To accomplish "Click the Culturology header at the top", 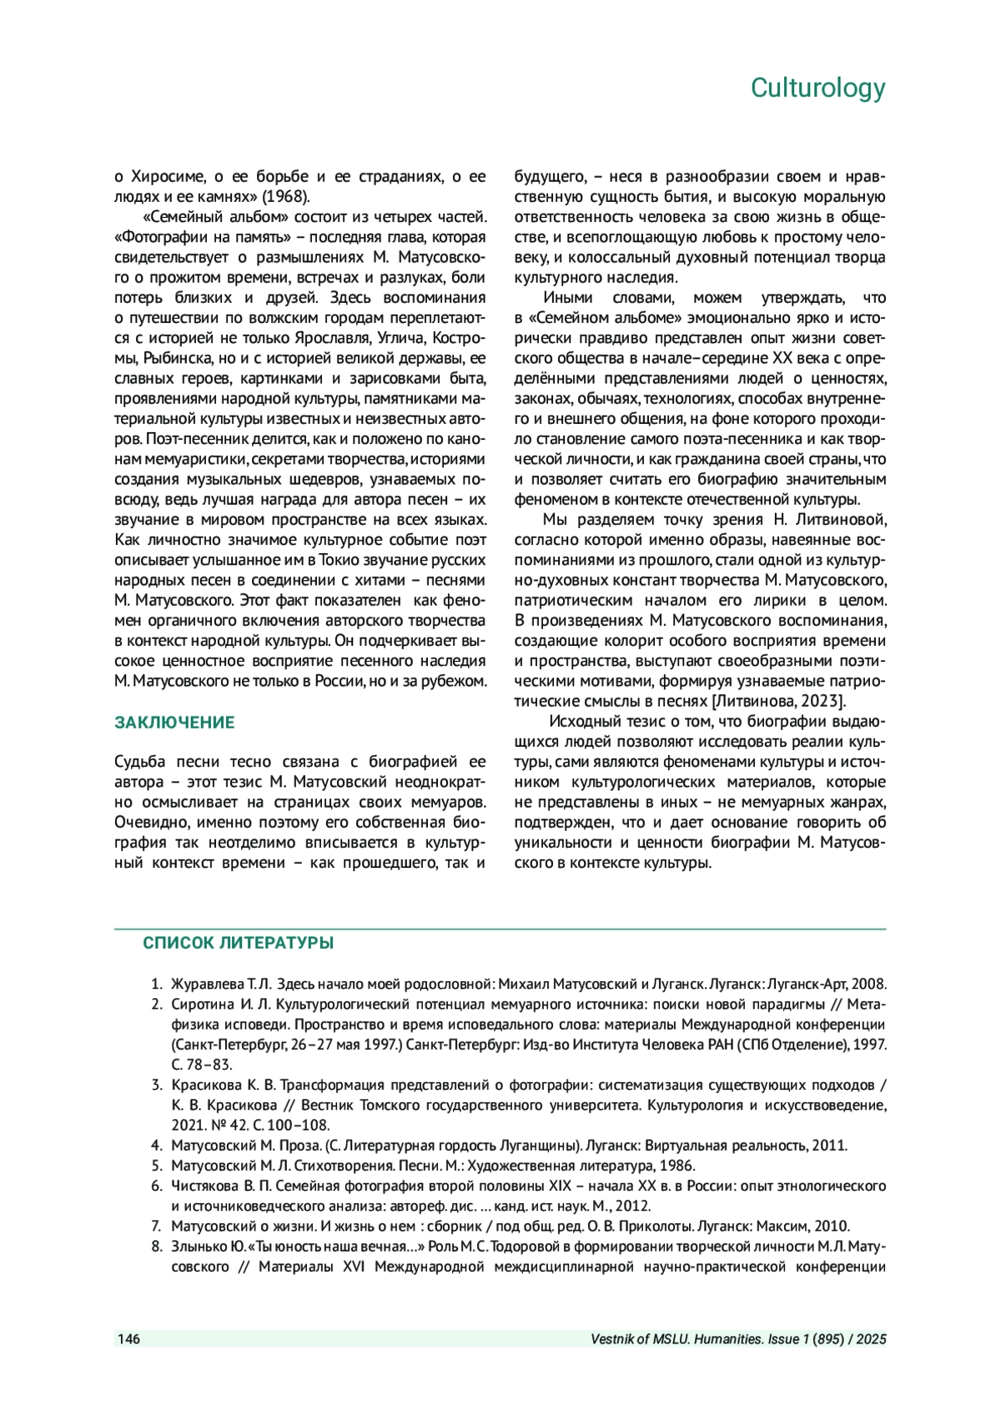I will pyautogui.click(x=817, y=88).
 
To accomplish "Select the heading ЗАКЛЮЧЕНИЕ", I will pyautogui.click(x=174, y=723).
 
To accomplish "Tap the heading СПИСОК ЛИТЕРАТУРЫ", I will pyautogui.click(x=238, y=943).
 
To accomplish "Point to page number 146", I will pyautogui.click(x=128, y=1339).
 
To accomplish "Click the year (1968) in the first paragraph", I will pyautogui.click(x=286, y=197).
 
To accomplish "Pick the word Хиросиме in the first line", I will pyautogui.click(x=167, y=177).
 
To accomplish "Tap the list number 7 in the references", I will pyautogui.click(x=156, y=1227).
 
